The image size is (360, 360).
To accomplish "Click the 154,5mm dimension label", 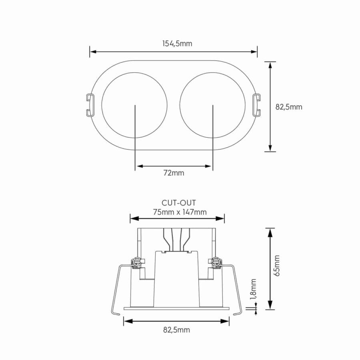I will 177,44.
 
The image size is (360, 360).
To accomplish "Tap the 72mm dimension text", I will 174,173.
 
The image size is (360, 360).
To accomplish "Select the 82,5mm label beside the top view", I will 289,107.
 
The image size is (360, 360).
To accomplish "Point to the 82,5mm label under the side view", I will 176,330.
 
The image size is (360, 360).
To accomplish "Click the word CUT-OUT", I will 179,203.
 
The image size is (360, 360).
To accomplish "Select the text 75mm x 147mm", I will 180,212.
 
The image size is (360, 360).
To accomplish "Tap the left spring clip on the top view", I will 90,105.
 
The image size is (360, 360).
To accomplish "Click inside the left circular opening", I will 120,100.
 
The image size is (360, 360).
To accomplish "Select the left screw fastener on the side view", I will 137,262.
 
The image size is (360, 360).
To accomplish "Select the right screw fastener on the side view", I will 216,262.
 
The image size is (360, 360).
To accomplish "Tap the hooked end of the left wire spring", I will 114,313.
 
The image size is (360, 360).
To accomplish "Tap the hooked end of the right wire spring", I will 239,313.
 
